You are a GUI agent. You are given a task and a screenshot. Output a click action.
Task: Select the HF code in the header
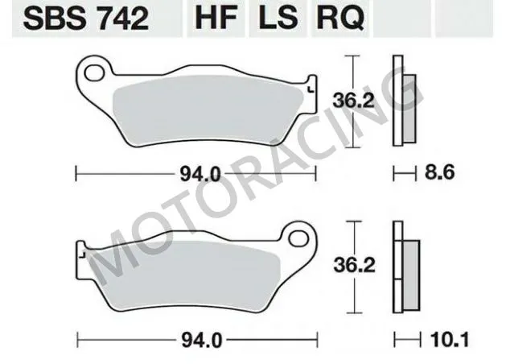coord(212,19)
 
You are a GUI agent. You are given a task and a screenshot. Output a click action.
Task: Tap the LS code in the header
coord(274,19)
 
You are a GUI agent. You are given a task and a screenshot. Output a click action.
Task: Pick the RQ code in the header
coord(337,19)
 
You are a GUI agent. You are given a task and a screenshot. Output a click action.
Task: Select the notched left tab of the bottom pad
coord(81,251)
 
